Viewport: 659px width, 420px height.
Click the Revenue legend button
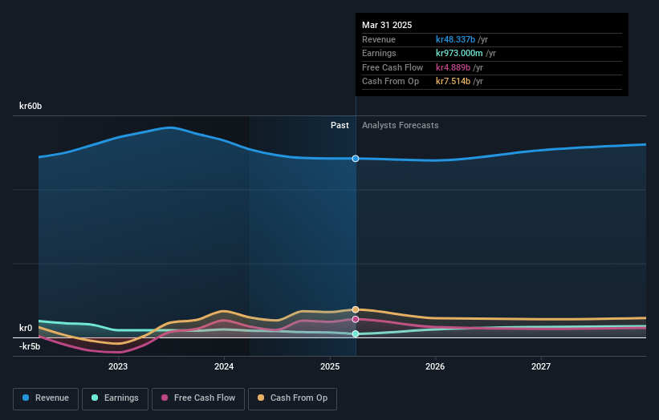[47, 398]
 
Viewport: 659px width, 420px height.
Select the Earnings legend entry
[115, 398]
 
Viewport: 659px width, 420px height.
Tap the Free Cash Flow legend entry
[198, 398]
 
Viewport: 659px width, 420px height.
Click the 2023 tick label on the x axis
[118, 366]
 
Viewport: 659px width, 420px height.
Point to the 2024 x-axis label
[224, 366]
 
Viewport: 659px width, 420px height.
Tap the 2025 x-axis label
[330, 366]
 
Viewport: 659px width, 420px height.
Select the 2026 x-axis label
[435, 366]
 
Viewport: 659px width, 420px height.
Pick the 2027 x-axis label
[541, 366]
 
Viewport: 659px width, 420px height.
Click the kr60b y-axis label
[31, 106]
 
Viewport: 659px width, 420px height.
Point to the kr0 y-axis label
[26, 328]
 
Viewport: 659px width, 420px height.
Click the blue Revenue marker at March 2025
[356, 159]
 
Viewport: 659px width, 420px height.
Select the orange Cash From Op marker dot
[356, 309]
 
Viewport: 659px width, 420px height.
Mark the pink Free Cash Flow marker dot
[356, 319]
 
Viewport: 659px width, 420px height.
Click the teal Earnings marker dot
[356, 333]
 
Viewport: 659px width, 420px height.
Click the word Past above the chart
[340, 125]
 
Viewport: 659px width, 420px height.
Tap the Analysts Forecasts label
[401, 125]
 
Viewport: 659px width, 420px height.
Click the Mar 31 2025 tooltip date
[387, 25]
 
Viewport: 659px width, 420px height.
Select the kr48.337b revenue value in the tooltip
[454, 39]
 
